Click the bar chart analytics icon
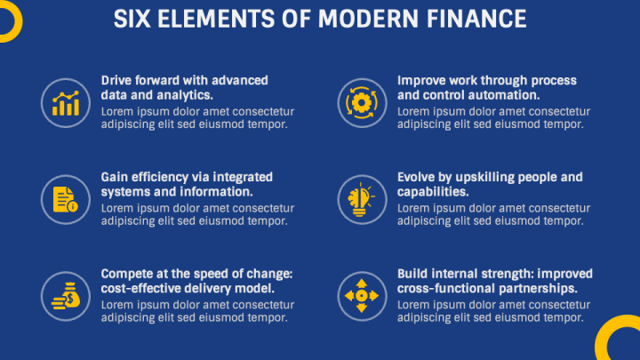pos(66,102)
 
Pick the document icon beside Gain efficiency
pos(66,199)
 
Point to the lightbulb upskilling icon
pos(362,199)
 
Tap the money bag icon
pos(66,295)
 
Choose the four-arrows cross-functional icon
pos(362,295)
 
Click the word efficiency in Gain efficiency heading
pos(165,177)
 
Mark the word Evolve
pos(418,177)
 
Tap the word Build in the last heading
pos(413,274)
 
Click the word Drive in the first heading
pos(118,80)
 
